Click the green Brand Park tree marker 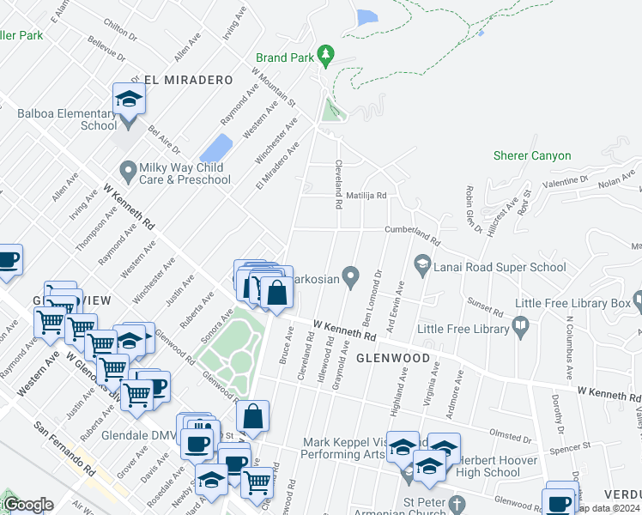(x=325, y=57)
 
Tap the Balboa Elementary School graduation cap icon (x=129, y=100)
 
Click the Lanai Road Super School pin (x=421, y=263)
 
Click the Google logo (x=27, y=505)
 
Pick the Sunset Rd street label (x=484, y=306)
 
